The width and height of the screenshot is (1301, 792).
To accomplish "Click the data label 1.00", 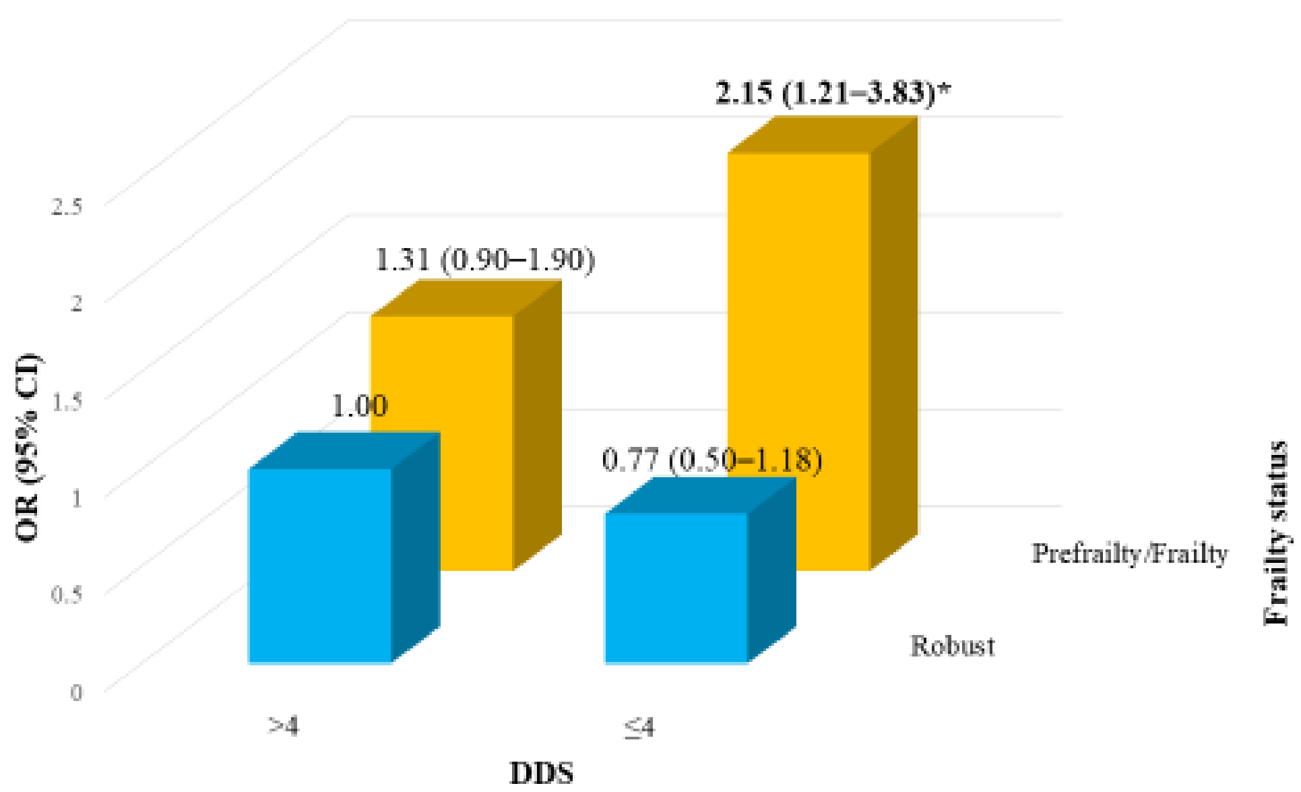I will click(360, 406).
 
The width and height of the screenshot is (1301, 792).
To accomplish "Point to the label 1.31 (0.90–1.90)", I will click(485, 260).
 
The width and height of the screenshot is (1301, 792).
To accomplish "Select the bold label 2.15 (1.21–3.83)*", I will click(833, 92).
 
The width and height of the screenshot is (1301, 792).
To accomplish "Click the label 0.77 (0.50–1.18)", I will click(711, 460).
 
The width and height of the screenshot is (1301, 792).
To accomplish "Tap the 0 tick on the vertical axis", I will click(76, 692).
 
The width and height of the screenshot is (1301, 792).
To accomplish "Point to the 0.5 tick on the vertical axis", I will click(67, 595).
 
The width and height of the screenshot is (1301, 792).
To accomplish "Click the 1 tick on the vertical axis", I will click(76, 498).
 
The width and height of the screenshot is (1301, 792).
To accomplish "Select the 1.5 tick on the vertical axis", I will click(67, 401).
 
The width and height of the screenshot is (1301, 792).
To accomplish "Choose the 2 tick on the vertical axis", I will click(76, 303).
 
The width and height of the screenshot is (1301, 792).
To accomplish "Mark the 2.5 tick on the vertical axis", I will click(67, 206).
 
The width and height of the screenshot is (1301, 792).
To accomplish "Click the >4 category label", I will click(284, 727).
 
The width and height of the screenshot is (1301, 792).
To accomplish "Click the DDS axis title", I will click(542, 772).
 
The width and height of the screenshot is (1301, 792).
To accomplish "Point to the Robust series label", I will click(953, 646).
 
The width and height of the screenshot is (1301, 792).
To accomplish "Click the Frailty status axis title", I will click(1275, 532).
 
